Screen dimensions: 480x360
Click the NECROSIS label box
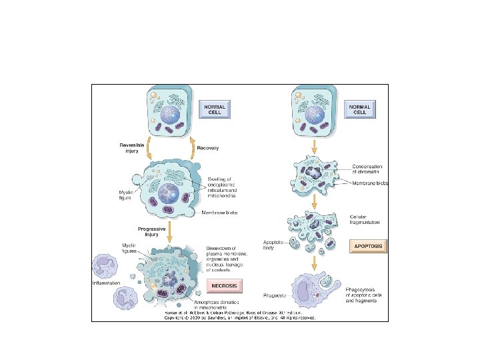click(x=225, y=286)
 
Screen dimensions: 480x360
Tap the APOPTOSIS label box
click(x=368, y=246)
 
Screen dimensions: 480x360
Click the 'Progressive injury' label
click(x=152, y=231)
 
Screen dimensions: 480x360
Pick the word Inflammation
click(x=107, y=283)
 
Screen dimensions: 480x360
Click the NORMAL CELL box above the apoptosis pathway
click(x=360, y=108)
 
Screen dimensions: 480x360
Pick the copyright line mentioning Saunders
click(x=239, y=317)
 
